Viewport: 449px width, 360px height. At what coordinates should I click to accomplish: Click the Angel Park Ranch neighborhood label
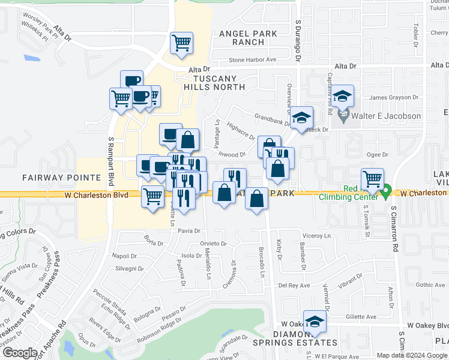coord(249,38)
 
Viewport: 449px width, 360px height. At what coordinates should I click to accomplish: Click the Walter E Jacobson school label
coord(387,116)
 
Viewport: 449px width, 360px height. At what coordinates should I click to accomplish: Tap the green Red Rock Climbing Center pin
coord(386,191)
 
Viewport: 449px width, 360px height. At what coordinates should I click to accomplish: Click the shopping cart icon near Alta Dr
coord(181,43)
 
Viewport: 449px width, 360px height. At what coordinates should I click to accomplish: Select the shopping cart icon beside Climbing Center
coord(373,178)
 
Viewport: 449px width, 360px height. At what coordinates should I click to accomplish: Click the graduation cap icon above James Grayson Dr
coord(342,96)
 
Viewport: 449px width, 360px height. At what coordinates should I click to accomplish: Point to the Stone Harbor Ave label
coord(252,60)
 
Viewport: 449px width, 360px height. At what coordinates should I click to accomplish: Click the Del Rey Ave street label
coord(293,286)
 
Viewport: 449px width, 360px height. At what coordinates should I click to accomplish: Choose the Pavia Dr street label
coord(188,230)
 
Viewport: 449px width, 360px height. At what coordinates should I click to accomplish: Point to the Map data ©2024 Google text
coord(411,355)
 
